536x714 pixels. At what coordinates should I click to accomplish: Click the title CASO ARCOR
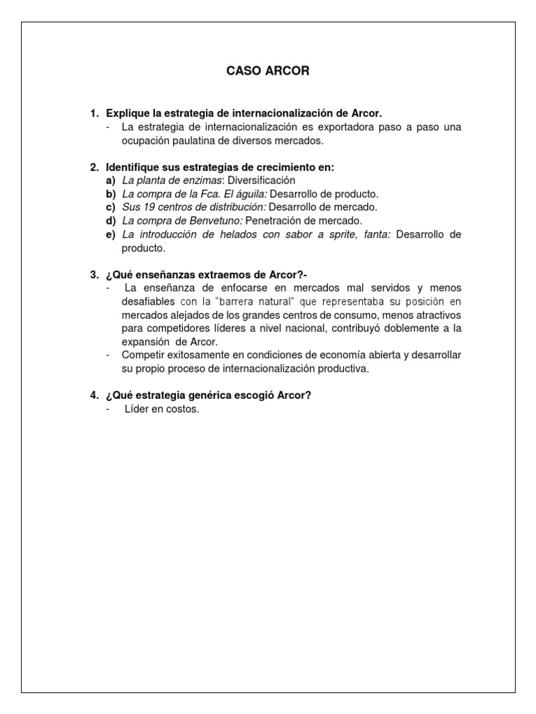(268, 71)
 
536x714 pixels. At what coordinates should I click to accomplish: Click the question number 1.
(94, 113)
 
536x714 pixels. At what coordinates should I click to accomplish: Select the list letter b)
(110, 194)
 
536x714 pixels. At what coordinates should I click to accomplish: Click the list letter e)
(110, 234)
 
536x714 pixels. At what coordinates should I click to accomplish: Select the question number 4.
(94, 395)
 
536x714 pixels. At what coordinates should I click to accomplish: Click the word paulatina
(186, 140)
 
